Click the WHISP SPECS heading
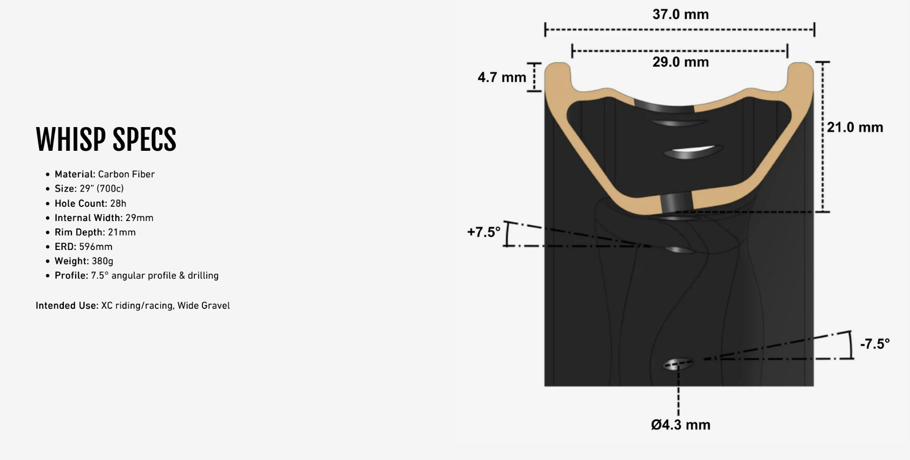click(x=106, y=139)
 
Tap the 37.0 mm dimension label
click(x=680, y=14)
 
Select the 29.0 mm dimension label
click(x=680, y=62)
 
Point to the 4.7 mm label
click(x=501, y=77)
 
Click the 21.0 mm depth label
click(x=855, y=127)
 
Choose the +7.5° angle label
click(x=483, y=232)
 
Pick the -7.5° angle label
click(x=874, y=344)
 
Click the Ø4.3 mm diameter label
click(x=680, y=425)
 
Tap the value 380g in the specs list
click(x=102, y=261)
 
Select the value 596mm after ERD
click(x=96, y=247)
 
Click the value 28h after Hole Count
click(x=118, y=203)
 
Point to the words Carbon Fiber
click(x=126, y=174)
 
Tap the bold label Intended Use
click(x=66, y=306)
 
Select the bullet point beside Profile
click(x=47, y=276)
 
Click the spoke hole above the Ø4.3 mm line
click(x=678, y=364)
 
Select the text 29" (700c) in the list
click(x=101, y=189)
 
